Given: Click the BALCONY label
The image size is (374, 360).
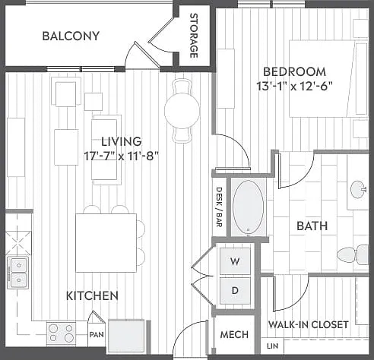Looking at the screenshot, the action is [71, 36].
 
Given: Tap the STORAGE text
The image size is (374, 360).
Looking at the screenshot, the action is [194, 36].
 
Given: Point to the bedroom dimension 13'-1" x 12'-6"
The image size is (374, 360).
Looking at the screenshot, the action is [294, 87].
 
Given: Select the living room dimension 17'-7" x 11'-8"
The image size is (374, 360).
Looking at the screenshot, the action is [121, 156].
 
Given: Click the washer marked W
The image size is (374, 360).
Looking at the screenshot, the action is [235, 261].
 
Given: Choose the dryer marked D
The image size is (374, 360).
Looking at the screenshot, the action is [235, 291].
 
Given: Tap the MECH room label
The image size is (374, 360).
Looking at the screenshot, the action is [234, 335].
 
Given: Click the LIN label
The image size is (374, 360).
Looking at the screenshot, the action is [272, 346].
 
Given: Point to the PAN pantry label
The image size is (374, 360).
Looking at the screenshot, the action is [97, 334].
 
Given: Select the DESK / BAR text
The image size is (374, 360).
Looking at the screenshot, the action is [219, 207].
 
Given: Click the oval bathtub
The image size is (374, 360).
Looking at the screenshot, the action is [248, 207].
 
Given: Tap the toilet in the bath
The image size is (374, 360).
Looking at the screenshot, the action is [353, 254].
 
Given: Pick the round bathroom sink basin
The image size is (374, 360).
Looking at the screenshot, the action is [358, 189].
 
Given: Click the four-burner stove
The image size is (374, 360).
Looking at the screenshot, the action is [61, 333].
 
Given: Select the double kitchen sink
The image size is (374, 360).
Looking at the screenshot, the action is [18, 273].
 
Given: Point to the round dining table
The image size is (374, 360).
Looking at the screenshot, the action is [182, 110].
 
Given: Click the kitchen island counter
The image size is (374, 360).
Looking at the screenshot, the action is [106, 243].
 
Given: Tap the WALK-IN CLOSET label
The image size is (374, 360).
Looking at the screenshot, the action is [309, 324].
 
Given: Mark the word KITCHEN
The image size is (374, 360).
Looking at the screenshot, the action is [92, 295].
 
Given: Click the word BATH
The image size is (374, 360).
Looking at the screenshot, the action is [312, 226].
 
